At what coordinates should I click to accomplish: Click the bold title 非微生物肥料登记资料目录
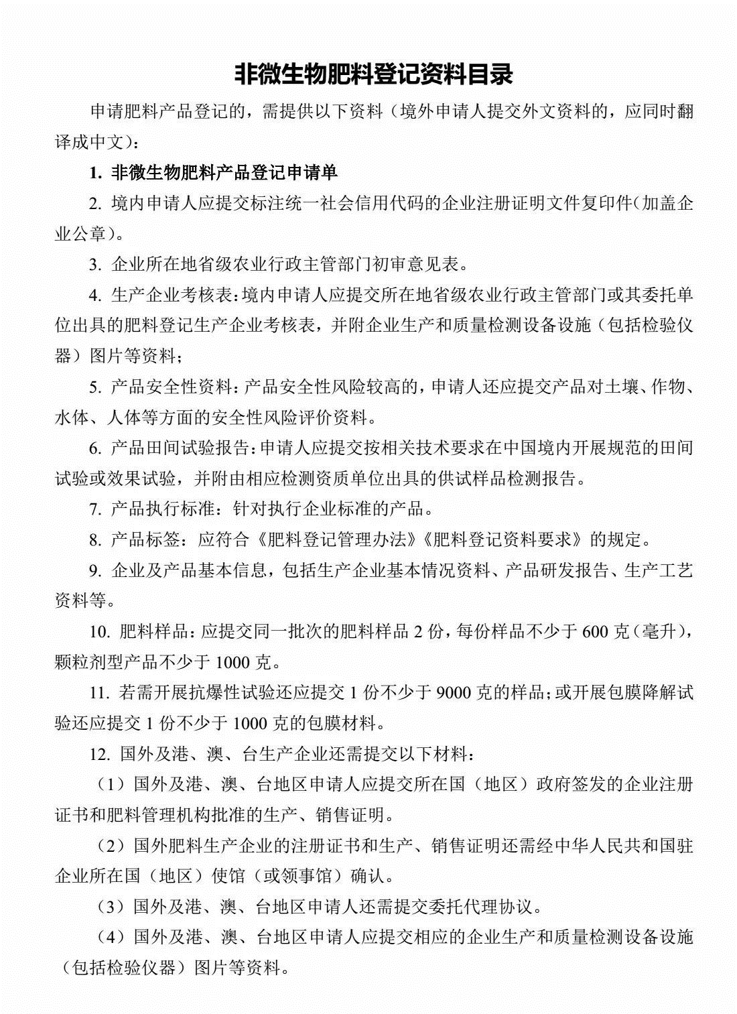[373, 74]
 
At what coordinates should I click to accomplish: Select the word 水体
[72, 418]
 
